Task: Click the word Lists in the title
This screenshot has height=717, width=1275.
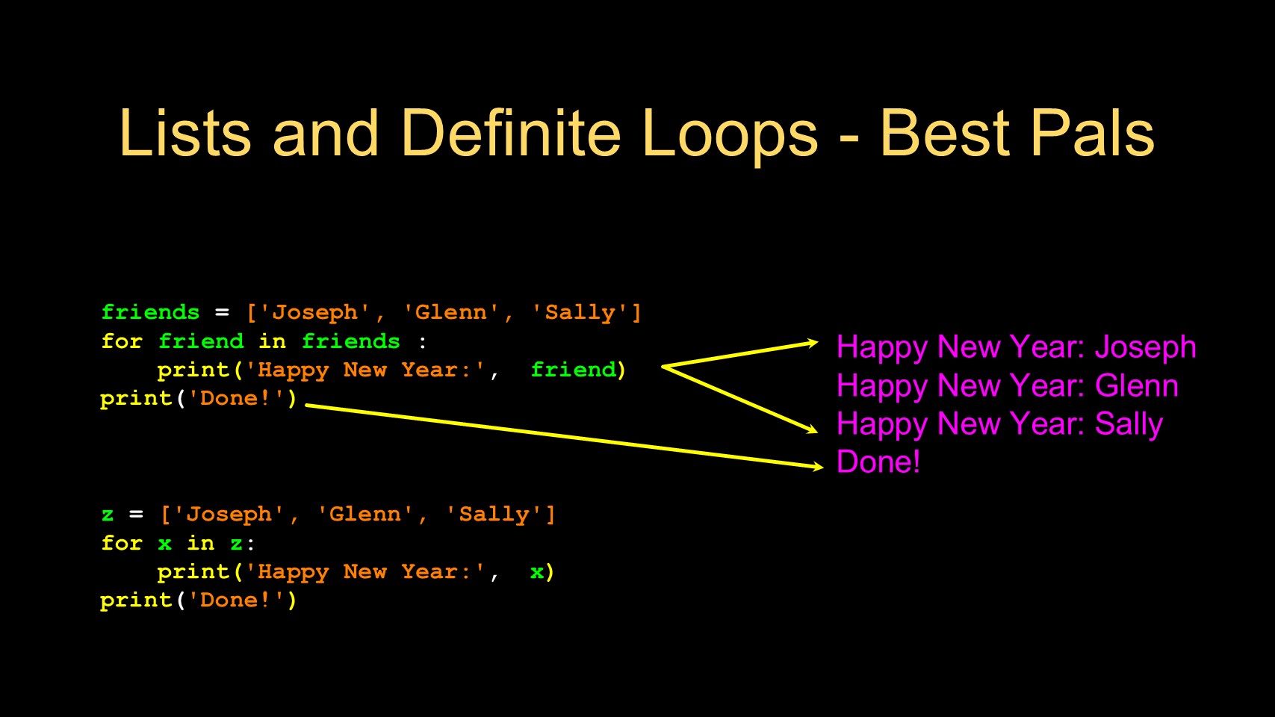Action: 185,133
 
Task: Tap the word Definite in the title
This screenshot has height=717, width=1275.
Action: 511,133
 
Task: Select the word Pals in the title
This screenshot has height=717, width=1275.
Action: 1092,133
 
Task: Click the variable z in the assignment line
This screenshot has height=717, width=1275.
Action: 108,515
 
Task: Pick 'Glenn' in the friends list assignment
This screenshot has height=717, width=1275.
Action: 451,312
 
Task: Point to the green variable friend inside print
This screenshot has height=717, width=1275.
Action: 573,369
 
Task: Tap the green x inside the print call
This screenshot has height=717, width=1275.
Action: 537,572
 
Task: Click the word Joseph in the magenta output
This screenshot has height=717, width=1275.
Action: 1145,347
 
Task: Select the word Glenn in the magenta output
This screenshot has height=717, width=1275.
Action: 1137,385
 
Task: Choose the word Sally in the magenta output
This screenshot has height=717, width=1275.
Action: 1129,424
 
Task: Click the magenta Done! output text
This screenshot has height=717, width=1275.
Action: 878,462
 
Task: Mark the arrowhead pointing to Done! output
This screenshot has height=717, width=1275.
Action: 817,467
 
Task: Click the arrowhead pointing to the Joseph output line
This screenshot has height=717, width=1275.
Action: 812,343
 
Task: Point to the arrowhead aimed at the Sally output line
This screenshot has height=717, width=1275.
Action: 812,429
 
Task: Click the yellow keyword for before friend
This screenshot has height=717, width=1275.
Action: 121,341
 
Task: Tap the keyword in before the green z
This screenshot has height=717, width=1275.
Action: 201,543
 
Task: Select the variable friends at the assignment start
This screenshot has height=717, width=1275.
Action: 150,312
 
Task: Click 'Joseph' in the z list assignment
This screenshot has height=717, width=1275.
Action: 229,514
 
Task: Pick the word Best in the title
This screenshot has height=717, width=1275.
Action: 944,133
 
